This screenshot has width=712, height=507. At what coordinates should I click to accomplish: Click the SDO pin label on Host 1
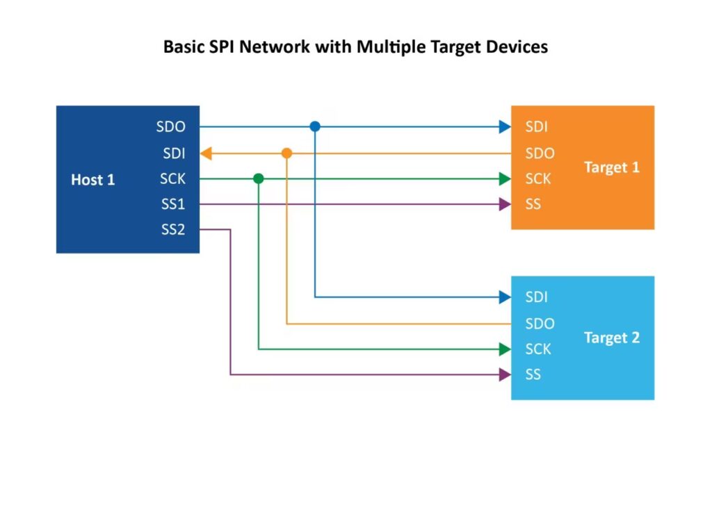(171, 127)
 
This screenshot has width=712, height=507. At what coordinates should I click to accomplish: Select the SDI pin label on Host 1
(174, 153)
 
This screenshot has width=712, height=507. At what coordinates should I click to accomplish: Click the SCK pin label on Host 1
(172, 179)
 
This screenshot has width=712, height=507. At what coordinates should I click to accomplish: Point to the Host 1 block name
(92, 180)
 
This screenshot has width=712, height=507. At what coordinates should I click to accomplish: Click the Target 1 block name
(611, 167)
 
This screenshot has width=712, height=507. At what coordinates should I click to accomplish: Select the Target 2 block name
(611, 338)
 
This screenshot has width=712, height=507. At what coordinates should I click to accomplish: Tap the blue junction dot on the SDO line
(315, 126)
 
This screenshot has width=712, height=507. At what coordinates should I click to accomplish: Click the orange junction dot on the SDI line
(286, 153)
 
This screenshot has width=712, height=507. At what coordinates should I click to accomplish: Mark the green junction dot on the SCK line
(259, 178)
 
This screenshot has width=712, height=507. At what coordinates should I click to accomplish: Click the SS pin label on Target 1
(533, 205)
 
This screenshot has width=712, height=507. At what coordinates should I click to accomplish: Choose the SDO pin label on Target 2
(540, 324)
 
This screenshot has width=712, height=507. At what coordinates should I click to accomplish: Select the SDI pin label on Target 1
(536, 127)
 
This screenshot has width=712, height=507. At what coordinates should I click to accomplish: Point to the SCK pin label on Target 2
(538, 349)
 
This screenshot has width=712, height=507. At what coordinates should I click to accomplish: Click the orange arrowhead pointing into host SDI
(207, 153)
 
